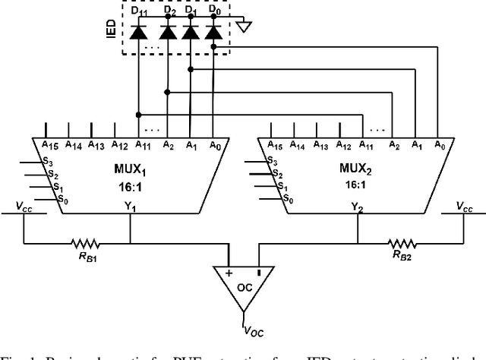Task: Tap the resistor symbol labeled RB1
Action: [86, 243]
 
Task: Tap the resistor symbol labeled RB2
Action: [402, 243]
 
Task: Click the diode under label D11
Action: [138, 32]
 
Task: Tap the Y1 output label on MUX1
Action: [131, 206]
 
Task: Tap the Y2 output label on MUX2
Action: [356, 206]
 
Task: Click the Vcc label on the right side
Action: [463, 206]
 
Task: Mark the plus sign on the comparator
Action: [229, 271]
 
